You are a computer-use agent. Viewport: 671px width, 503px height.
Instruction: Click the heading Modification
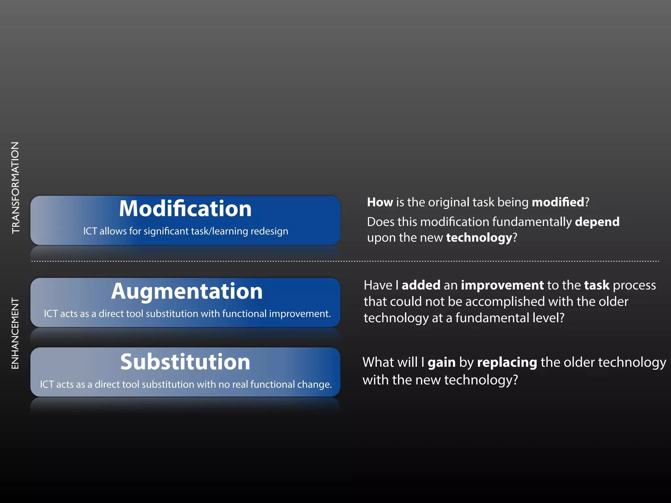pyautogui.click(x=185, y=209)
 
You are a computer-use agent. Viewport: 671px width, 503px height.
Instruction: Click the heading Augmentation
pyautogui.click(x=187, y=291)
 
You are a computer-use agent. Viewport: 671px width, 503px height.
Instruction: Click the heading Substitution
pyautogui.click(x=185, y=362)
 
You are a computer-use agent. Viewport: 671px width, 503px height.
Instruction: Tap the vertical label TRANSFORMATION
pyautogui.click(x=15, y=188)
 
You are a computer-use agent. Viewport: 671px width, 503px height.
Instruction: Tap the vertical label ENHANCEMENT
pyautogui.click(x=15, y=333)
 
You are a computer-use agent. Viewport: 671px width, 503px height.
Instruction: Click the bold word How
pyautogui.click(x=380, y=202)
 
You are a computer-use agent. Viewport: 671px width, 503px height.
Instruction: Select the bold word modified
pyautogui.click(x=558, y=202)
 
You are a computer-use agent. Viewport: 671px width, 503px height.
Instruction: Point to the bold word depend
pyautogui.click(x=597, y=222)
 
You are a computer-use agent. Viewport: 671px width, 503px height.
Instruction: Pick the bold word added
pyautogui.click(x=421, y=285)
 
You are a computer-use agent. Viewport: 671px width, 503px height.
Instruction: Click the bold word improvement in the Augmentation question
pyautogui.click(x=502, y=285)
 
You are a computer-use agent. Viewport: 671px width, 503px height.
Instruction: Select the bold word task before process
pyautogui.click(x=597, y=285)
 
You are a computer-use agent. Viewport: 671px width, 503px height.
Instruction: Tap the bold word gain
pyautogui.click(x=441, y=363)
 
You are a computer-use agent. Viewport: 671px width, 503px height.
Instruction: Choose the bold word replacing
pyautogui.click(x=507, y=363)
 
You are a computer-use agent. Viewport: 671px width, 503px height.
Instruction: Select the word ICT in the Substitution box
pyautogui.click(x=47, y=384)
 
